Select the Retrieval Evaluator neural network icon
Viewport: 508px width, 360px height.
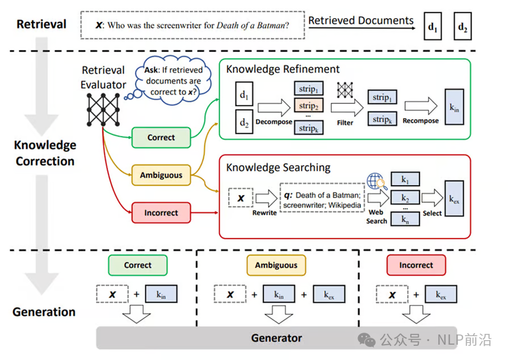102,108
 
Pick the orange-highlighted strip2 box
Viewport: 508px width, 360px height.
308,106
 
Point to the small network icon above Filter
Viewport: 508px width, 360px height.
345,90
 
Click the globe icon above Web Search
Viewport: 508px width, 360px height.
375,181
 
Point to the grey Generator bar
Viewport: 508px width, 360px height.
276,338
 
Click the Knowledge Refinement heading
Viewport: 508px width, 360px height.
283,69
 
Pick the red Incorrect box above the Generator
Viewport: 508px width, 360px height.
416,265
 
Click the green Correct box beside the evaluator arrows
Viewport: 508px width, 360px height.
161,137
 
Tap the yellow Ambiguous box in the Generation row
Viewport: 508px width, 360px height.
276,265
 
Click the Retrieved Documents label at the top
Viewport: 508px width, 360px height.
361,21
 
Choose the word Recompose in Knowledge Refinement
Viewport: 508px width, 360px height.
421,121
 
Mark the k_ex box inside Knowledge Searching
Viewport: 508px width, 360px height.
454,199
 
